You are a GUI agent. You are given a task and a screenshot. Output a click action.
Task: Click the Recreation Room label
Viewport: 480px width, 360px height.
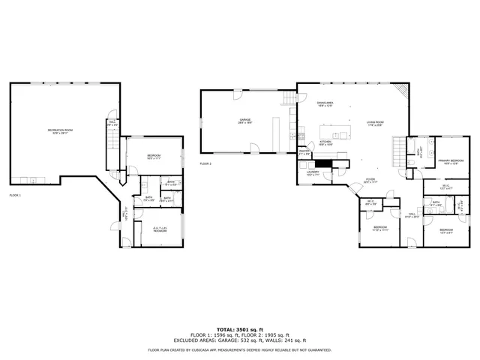tap(60, 131)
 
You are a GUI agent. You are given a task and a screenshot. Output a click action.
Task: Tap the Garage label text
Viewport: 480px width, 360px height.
tap(244, 120)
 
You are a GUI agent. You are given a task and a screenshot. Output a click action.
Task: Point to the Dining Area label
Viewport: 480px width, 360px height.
tap(325, 103)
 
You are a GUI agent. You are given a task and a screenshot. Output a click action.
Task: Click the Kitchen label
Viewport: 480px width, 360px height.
tap(325, 142)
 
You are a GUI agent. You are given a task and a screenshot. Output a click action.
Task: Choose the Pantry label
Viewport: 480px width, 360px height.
tap(304, 153)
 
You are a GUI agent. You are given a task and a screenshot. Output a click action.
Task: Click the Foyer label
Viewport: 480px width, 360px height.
tap(370, 180)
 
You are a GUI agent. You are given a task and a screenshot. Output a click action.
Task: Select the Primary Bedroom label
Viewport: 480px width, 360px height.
tap(449, 160)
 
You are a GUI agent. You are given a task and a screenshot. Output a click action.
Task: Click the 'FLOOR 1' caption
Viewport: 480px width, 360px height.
tap(15, 195)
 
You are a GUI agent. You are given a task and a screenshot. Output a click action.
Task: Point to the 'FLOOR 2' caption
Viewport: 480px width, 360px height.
tap(205, 163)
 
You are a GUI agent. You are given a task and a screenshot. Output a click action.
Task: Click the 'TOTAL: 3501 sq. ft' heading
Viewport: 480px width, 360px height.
tap(240, 329)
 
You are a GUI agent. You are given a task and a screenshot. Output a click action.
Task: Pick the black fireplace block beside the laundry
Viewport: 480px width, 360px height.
tap(323, 162)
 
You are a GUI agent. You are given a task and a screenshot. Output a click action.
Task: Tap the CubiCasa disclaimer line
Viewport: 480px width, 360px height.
tap(240, 350)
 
